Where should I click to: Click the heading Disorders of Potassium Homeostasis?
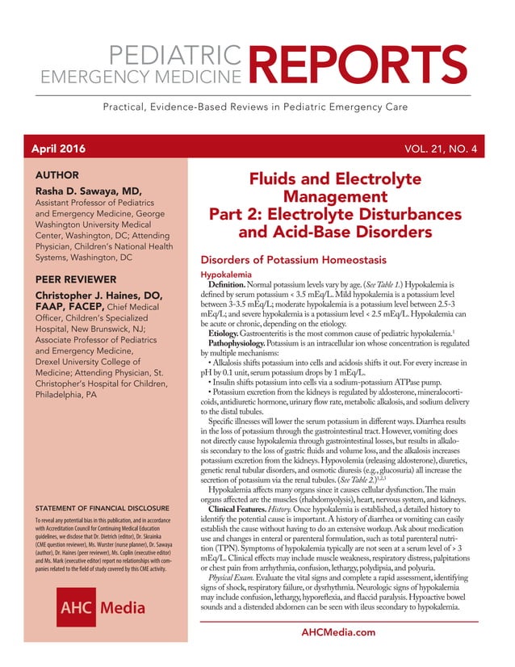293,260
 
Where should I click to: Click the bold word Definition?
233,286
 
